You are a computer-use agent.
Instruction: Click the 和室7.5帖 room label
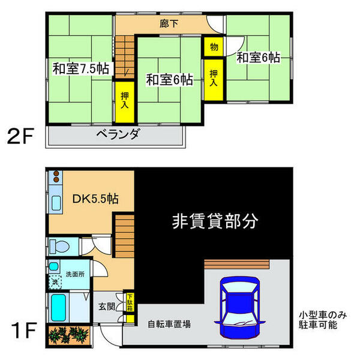79,69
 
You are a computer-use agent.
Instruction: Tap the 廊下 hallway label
168,25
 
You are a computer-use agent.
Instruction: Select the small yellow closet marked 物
213,46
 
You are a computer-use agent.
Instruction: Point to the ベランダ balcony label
117,134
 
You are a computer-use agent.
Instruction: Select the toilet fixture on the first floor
60,245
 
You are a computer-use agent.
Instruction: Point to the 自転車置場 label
169,325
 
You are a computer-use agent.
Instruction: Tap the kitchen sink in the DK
56,201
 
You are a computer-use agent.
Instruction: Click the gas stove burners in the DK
56,177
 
